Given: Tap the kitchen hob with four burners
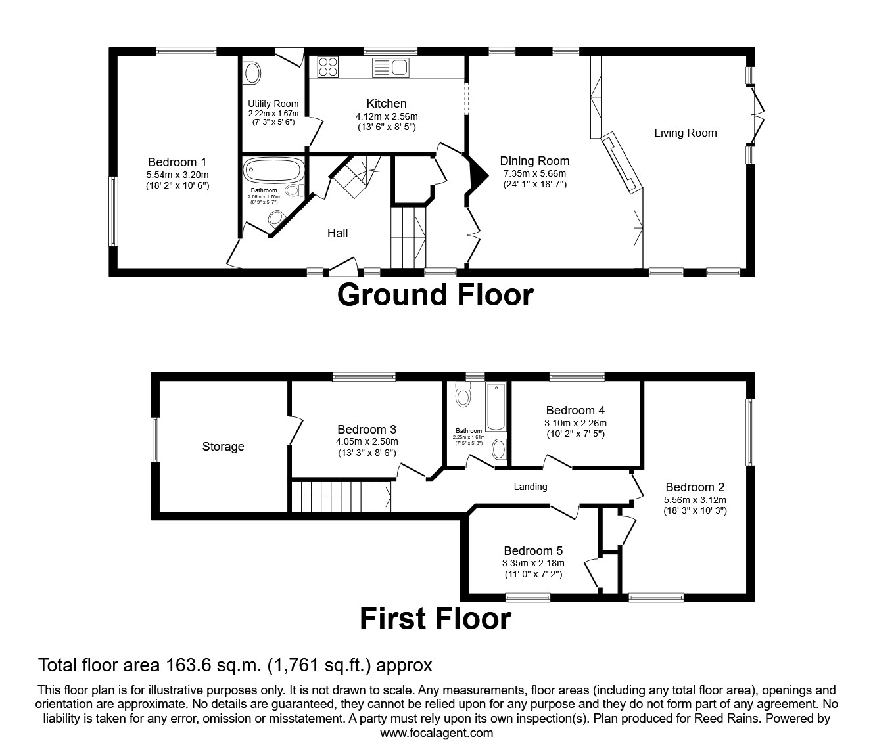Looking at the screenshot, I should (x=328, y=67).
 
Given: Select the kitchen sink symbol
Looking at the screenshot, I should (x=390, y=67).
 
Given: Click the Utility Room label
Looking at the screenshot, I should (x=273, y=104).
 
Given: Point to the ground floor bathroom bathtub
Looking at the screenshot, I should (x=274, y=171).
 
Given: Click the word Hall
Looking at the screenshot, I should (x=337, y=233).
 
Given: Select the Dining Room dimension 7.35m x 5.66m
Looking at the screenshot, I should (x=534, y=173).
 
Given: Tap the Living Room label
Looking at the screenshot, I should (x=685, y=133).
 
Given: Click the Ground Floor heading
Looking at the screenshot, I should (x=435, y=295).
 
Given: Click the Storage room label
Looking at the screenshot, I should (x=223, y=447).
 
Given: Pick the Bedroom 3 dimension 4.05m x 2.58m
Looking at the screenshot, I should (x=366, y=442).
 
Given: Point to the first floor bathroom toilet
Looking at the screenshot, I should (x=463, y=396).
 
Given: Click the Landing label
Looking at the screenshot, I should (x=530, y=487).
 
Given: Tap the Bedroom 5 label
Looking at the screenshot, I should (x=533, y=551).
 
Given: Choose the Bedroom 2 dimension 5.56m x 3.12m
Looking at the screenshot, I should (x=695, y=499).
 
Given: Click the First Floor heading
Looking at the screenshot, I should (x=435, y=619).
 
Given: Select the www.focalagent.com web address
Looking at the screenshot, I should (x=436, y=733).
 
